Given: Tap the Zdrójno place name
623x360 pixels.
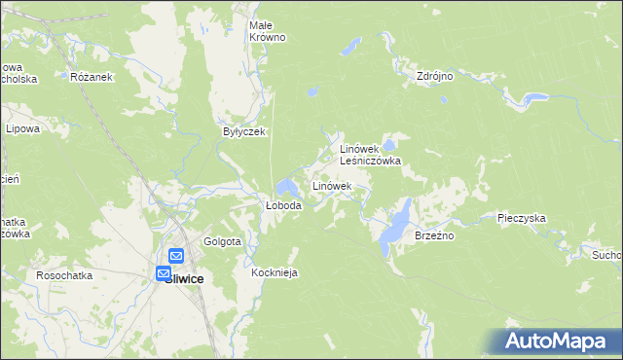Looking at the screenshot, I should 435,75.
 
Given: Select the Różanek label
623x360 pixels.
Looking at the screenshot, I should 92,76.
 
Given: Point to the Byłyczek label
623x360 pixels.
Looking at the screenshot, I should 243,131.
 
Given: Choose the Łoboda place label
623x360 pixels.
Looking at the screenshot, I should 284,205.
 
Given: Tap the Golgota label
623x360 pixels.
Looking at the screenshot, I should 222,241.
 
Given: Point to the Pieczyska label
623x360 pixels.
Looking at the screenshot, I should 520,219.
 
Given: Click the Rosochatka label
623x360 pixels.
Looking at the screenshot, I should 64,275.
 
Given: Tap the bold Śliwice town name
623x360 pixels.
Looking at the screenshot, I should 184,278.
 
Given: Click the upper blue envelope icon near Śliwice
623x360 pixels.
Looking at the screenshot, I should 176,255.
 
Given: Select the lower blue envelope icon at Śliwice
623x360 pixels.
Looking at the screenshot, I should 163,273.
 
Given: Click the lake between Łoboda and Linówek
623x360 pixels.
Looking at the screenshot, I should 287,186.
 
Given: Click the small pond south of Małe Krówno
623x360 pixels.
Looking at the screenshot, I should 311,93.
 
